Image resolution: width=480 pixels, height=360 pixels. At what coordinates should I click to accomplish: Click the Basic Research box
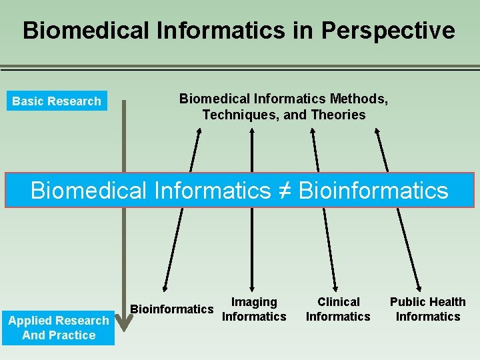57,101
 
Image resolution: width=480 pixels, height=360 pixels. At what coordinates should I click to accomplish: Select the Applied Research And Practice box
59,327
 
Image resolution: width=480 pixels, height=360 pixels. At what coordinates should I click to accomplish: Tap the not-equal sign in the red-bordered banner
284,191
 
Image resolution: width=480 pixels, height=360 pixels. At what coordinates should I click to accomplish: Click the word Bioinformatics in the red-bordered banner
373,191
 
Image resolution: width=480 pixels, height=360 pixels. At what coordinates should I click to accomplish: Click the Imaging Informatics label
254,309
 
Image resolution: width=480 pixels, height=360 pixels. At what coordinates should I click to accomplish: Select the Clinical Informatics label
338,309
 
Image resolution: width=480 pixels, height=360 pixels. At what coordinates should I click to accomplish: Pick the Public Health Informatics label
428,309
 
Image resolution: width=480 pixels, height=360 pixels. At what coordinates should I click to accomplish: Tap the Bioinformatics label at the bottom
172,309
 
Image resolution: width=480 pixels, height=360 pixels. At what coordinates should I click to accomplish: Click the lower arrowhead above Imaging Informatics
251,286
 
